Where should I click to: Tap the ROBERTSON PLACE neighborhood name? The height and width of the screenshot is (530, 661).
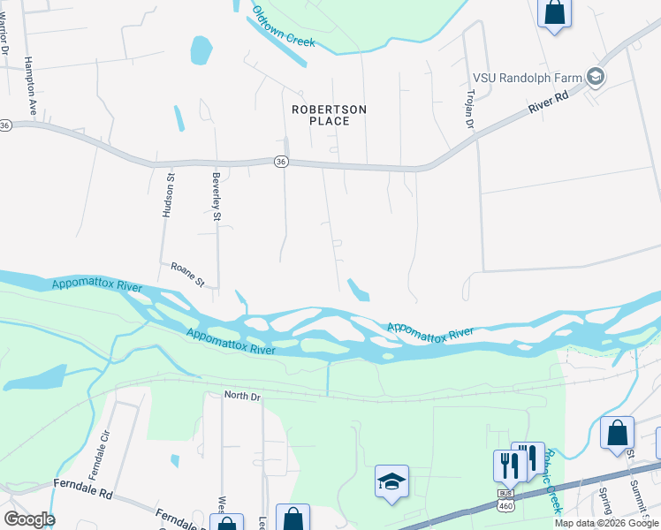pyautogui.click(x=330, y=115)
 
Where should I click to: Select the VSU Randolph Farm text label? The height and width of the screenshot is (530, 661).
pyautogui.click(x=528, y=78)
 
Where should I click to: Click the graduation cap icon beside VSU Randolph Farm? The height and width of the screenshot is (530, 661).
pyautogui.click(x=596, y=78)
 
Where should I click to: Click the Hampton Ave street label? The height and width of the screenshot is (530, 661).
pyautogui.click(x=31, y=84)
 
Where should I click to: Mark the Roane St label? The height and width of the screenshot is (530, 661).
pyautogui.click(x=187, y=274)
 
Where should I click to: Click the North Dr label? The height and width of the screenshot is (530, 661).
pyautogui.click(x=242, y=397)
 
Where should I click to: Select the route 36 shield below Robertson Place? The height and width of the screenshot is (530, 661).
pyautogui.click(x=280, y=162)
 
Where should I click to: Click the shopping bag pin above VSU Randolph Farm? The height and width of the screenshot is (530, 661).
pyautogui.click(x=555, y=13)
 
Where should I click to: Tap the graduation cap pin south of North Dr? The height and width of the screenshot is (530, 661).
pyautogui.click(x=391, y=481)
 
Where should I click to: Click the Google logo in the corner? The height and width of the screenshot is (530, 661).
pyautogui.click(x=29, y=519)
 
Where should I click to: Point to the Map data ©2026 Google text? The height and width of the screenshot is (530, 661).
pyautogui.click(x=607, y=523)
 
